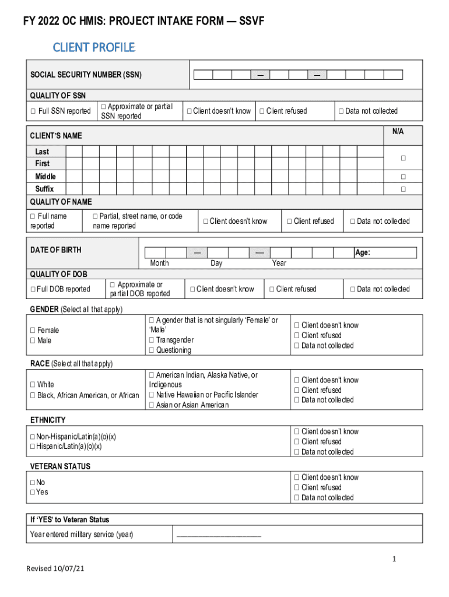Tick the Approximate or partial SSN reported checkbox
[104, 106]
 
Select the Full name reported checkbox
[33, 216]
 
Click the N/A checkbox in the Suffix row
[402, 189]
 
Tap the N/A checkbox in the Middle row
[402, 177]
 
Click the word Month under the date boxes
[159, 263]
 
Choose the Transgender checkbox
[152, 340]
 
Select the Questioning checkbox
[152, 350]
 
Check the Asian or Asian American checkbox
[152, 405]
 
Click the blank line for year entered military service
[219, 535]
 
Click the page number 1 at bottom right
[394, 560]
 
